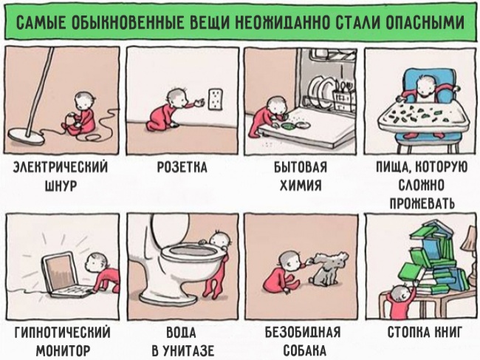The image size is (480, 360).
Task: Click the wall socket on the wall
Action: [215, 99]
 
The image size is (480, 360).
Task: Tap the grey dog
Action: [329, 268]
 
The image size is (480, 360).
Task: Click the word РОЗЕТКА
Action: [182, 168]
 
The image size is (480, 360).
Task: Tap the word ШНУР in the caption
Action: [61, 186]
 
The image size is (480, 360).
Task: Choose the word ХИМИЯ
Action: [301, 186]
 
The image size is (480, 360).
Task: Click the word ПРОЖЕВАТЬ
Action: [422, 203]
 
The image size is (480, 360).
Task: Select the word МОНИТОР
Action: [63, 350]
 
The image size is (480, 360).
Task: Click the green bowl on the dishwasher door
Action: [288, 125]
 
